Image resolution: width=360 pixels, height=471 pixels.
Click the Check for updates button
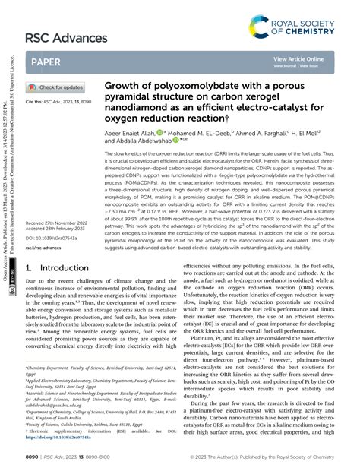pos(58,88)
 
